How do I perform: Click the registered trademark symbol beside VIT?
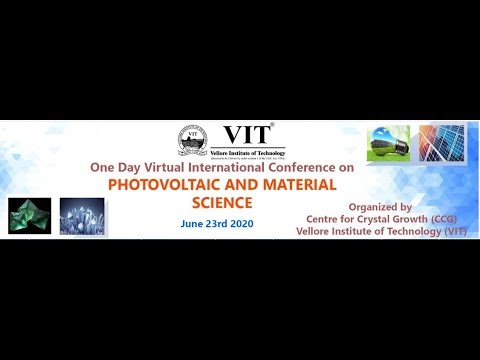tap(272, 125)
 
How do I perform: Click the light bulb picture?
tap(388, 143)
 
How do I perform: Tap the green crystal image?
tap(30, 217)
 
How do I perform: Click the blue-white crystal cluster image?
tap(81, 217)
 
